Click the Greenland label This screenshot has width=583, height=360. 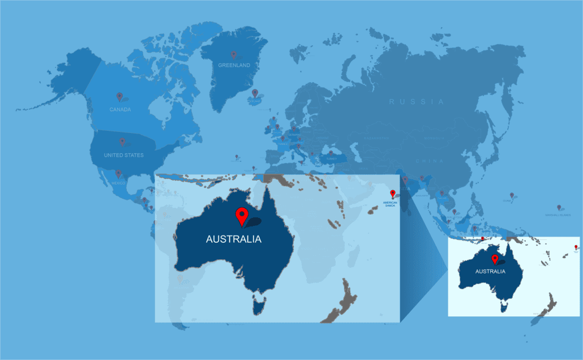[234, 66]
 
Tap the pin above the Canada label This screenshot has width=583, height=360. [119, 96]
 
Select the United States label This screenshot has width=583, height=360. [123, 155]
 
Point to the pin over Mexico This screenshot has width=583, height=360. [118, 173]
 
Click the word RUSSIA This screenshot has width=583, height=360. [417, 102]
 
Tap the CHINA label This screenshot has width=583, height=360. [430, 161]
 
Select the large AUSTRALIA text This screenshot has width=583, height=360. [233, 239]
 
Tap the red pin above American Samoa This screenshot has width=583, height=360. [393, 194]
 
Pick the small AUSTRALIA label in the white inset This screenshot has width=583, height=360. [490, 272]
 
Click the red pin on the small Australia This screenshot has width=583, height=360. [495, 259]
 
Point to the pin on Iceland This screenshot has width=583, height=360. [255, 93]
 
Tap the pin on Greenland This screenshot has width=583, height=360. [233, 55]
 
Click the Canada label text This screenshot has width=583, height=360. [120, 109]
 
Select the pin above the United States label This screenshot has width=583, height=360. [122, 142]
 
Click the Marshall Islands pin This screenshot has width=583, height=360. [559, 208]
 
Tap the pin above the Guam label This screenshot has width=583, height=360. [512, 195]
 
